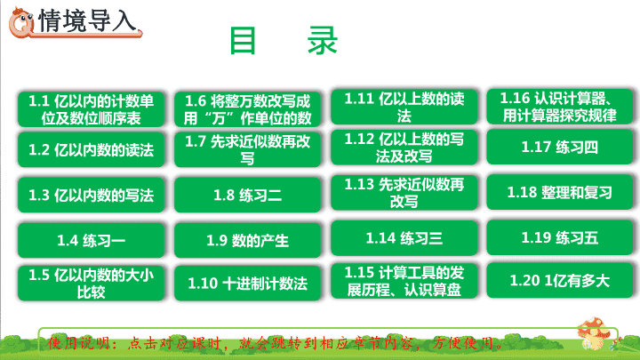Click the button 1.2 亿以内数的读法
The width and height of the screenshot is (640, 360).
(91, 150)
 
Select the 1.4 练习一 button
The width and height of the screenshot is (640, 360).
(91, 240)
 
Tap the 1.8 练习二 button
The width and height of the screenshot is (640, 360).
(248, 195)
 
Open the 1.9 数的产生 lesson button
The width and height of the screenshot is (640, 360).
(248, 240)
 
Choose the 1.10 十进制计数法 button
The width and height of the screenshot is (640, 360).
(248, 284)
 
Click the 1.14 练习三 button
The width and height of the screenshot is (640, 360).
(404, 238)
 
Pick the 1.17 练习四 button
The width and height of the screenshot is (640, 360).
(560, 147)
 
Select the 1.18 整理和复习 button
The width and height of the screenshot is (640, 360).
(560, 192)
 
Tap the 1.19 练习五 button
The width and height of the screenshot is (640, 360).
(560, 237)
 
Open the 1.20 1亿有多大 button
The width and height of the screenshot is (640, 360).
(560, 280)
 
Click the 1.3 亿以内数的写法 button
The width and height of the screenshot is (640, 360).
(91, 195)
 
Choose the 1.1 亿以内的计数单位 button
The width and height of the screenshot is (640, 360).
(91, 109)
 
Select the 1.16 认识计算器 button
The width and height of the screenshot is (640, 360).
(560, 107)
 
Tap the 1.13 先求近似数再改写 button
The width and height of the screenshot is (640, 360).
(404, 193)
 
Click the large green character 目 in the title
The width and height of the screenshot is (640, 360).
(243, 40)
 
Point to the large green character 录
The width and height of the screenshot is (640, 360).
(323, 40)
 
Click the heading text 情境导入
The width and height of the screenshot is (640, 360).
(87, 20)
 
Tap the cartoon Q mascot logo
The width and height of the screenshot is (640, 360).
(21, 22)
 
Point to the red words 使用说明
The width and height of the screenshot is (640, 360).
(79, 343)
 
